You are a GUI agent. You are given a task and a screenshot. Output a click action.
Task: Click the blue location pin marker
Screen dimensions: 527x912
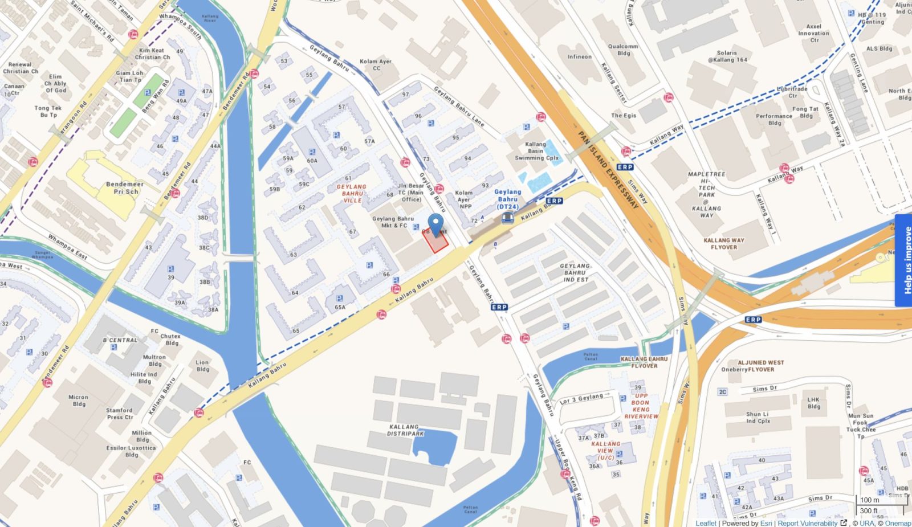tap(436, 224)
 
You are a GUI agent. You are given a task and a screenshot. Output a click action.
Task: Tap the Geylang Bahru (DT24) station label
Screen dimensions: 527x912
tap(507, 199)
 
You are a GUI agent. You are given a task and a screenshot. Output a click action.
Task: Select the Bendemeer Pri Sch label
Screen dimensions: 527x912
tap(125, 188)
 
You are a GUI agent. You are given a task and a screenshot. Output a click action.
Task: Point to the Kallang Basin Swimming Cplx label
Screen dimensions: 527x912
tap(536, 151)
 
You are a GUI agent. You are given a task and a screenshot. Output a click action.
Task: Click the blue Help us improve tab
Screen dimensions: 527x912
tap(903, 260)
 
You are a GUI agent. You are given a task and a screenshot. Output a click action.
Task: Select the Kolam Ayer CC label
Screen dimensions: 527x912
tap(376, 64)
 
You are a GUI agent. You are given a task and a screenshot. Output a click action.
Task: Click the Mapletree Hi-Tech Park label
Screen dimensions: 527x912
tap(707, 194)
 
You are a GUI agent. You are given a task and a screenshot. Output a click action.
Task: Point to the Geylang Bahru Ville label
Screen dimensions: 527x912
tap(352, 193)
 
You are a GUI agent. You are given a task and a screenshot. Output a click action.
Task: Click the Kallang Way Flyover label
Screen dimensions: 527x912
tap(724, 243)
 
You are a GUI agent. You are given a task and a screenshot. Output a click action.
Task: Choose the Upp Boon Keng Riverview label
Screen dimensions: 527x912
tap(641, 406)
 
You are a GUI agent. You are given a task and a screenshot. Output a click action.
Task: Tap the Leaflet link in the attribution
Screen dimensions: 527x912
tap(706, 523)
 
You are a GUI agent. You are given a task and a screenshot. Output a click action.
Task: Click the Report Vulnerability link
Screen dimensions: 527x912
tap(807, 523)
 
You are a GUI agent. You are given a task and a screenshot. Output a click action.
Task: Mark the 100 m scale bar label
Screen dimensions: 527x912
tap(869, 500)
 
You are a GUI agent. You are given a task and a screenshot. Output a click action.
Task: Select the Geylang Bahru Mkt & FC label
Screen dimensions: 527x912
tap(393, 222)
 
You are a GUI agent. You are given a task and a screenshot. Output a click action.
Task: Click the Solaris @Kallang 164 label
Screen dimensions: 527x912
tap(727, 56)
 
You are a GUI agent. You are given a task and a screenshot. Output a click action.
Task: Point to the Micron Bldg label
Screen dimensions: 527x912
tap(79, 401)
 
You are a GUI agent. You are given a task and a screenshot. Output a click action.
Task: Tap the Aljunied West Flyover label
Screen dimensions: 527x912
tap(760, 366)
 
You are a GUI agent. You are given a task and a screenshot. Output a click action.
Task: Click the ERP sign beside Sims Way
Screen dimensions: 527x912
tap(625, 167)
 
